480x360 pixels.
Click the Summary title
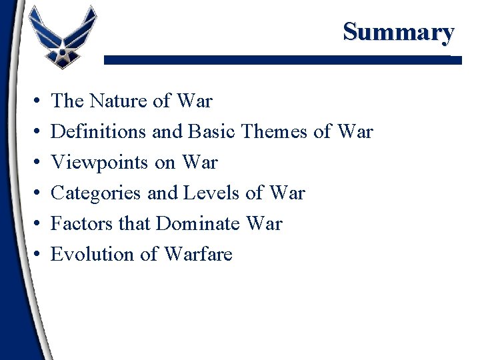point(398,31)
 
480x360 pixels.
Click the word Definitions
point(99,132)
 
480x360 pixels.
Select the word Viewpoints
point(96,163)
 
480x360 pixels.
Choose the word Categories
point(96,193)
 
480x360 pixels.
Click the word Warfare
point(198,255)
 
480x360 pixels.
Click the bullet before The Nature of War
point(34,102)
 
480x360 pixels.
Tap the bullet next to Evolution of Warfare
point(34,255)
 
